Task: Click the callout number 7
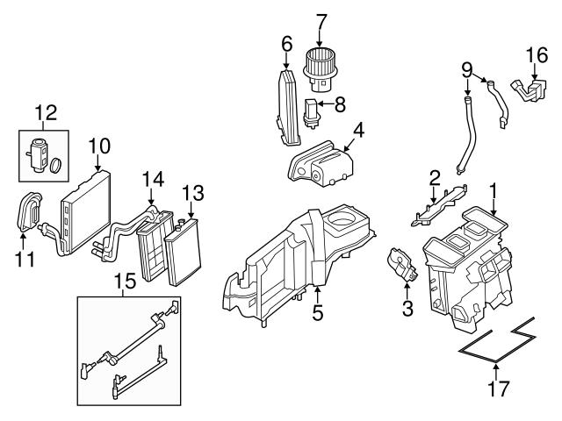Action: [321, 19]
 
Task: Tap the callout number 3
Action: [407, 307]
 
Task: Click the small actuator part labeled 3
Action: [400, 266]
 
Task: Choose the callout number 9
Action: [467, 67]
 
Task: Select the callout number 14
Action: [153, 180]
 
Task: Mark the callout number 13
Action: [191, 191]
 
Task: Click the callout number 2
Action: [434, 180]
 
